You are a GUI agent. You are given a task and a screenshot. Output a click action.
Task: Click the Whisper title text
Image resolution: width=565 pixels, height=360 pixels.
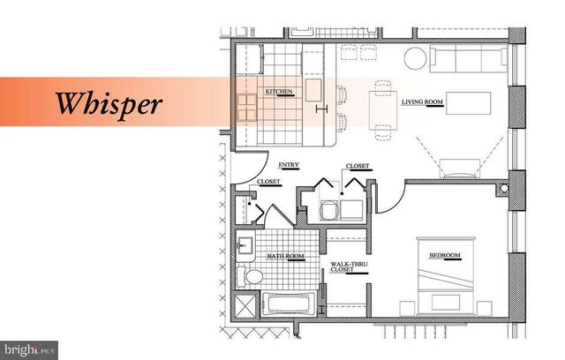tap(109, 104)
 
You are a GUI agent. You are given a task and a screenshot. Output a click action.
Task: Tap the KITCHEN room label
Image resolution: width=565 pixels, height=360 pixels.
tap(279, 92)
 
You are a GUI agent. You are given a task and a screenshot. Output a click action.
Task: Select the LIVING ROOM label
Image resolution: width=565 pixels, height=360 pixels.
tap(422, 102)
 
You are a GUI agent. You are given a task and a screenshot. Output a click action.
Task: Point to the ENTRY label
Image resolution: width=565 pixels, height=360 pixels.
tap(289, 165)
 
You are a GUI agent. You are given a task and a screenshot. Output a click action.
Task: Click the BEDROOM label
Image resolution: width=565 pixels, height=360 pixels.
tap(445, 256)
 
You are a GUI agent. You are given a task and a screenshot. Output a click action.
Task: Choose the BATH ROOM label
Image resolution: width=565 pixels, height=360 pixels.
tap(285, 256)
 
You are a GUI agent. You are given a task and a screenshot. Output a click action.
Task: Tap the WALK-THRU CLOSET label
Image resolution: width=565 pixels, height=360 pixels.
tap(349, 266)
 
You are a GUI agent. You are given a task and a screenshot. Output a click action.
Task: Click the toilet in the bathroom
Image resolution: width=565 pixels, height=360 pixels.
tap(250, 277)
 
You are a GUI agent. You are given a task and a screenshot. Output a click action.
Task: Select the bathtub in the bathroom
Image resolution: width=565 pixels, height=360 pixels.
tap(289, 304)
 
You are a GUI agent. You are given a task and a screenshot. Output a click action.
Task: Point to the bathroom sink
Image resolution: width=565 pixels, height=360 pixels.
tap(245, 246)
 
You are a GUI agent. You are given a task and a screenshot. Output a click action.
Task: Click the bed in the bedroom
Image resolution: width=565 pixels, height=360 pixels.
tap(445, 276)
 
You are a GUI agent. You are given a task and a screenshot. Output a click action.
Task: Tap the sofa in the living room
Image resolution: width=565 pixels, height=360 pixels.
tap(469, 59)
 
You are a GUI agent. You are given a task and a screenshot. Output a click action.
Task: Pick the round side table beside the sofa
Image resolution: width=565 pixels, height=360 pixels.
tap(415, 58)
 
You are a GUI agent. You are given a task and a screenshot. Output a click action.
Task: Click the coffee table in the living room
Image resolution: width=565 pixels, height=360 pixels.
tap(468, 103)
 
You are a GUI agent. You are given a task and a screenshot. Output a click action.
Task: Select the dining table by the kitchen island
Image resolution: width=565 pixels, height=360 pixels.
tap(382, 110)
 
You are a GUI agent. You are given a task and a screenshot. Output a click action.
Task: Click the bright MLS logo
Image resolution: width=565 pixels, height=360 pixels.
tap(29, 350)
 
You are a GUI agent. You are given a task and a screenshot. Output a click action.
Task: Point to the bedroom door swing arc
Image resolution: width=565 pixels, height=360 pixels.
tap(396, 203)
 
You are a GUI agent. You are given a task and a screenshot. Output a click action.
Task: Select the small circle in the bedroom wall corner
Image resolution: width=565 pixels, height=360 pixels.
tap(504, 188)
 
